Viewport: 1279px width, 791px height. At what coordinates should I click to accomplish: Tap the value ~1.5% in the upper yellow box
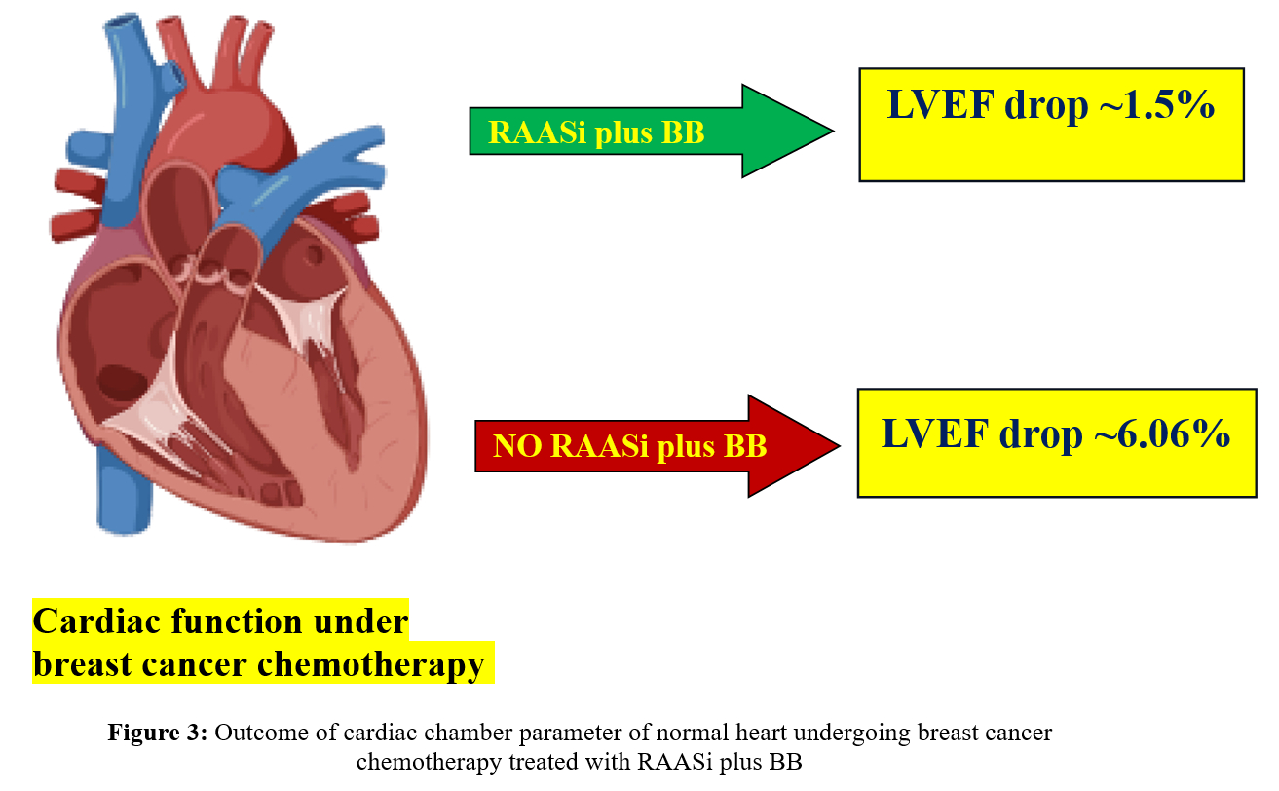[x=1158, y=105]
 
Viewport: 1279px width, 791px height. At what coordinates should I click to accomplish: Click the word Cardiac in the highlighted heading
[x=93, y=621]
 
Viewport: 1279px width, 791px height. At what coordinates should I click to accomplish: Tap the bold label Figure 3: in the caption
[x=157, y=734]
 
